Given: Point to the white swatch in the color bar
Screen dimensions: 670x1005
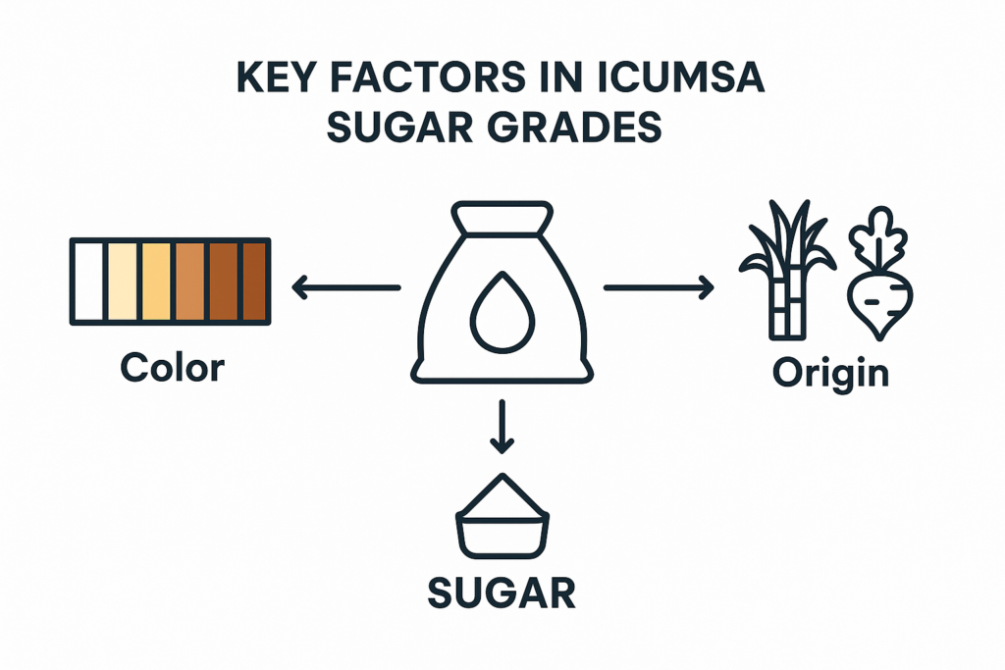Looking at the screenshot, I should tap(88, 281).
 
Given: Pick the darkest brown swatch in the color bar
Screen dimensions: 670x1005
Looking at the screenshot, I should tap(254, 281).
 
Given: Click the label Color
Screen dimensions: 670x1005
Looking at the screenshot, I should tap(172, 369).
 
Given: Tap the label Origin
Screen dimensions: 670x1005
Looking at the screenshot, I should tap(829, 373).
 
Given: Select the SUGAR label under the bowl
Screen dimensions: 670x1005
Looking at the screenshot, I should tap(502, 592).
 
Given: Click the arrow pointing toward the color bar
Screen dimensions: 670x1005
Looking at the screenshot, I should tap(346, 287).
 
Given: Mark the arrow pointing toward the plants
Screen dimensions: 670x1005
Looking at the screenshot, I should tap(658, 287).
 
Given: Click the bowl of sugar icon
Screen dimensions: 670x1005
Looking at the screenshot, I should tap(502, 519).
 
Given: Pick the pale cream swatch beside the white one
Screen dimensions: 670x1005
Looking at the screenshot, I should tap(122, 281).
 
